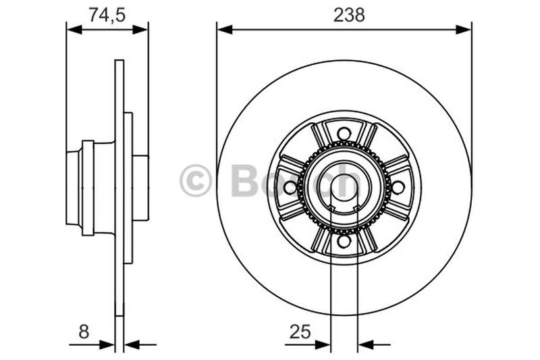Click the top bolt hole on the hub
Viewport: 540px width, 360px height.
[x=344, y=133]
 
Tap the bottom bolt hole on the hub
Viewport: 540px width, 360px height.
[x=344, y=240]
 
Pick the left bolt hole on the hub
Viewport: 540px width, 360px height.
[x=290, y=187]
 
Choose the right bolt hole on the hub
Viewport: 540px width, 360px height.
[x=398, y=187]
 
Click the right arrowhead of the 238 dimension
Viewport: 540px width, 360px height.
[x=464, y=30]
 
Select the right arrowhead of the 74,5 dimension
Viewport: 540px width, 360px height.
[x=141, y=30]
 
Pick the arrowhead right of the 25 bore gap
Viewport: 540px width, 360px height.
[x=365, y=344]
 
